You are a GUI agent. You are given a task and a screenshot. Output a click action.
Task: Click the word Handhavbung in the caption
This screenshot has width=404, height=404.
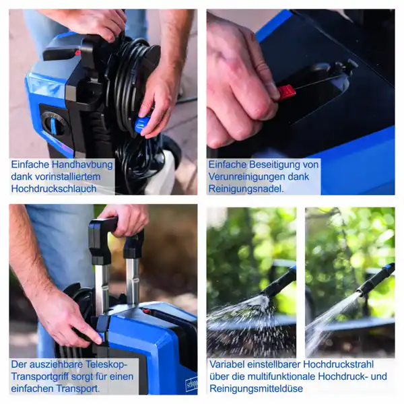coord(82,164)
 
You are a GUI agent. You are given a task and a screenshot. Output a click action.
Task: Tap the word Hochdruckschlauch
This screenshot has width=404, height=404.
coord(54,189)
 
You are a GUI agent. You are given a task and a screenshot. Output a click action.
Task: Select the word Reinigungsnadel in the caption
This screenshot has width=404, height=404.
coord(246,189)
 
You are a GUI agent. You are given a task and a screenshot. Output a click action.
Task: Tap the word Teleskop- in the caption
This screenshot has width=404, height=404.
coord(106,364)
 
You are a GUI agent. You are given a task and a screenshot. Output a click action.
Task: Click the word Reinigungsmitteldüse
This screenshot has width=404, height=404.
coord(256,389)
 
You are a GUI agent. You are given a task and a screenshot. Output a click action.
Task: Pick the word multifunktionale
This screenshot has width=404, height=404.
coord(281,376)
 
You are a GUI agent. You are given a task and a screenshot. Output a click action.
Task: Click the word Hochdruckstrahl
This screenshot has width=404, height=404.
coord(338,364)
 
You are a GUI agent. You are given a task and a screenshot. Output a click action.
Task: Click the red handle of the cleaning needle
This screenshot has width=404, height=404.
coord(286,92)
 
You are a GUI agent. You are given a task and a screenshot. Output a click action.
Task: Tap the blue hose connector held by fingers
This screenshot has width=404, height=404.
coord(142,125)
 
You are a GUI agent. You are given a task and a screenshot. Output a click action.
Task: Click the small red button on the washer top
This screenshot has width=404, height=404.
coord(146,311)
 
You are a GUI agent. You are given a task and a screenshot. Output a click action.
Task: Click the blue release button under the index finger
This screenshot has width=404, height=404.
coord(101,337)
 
